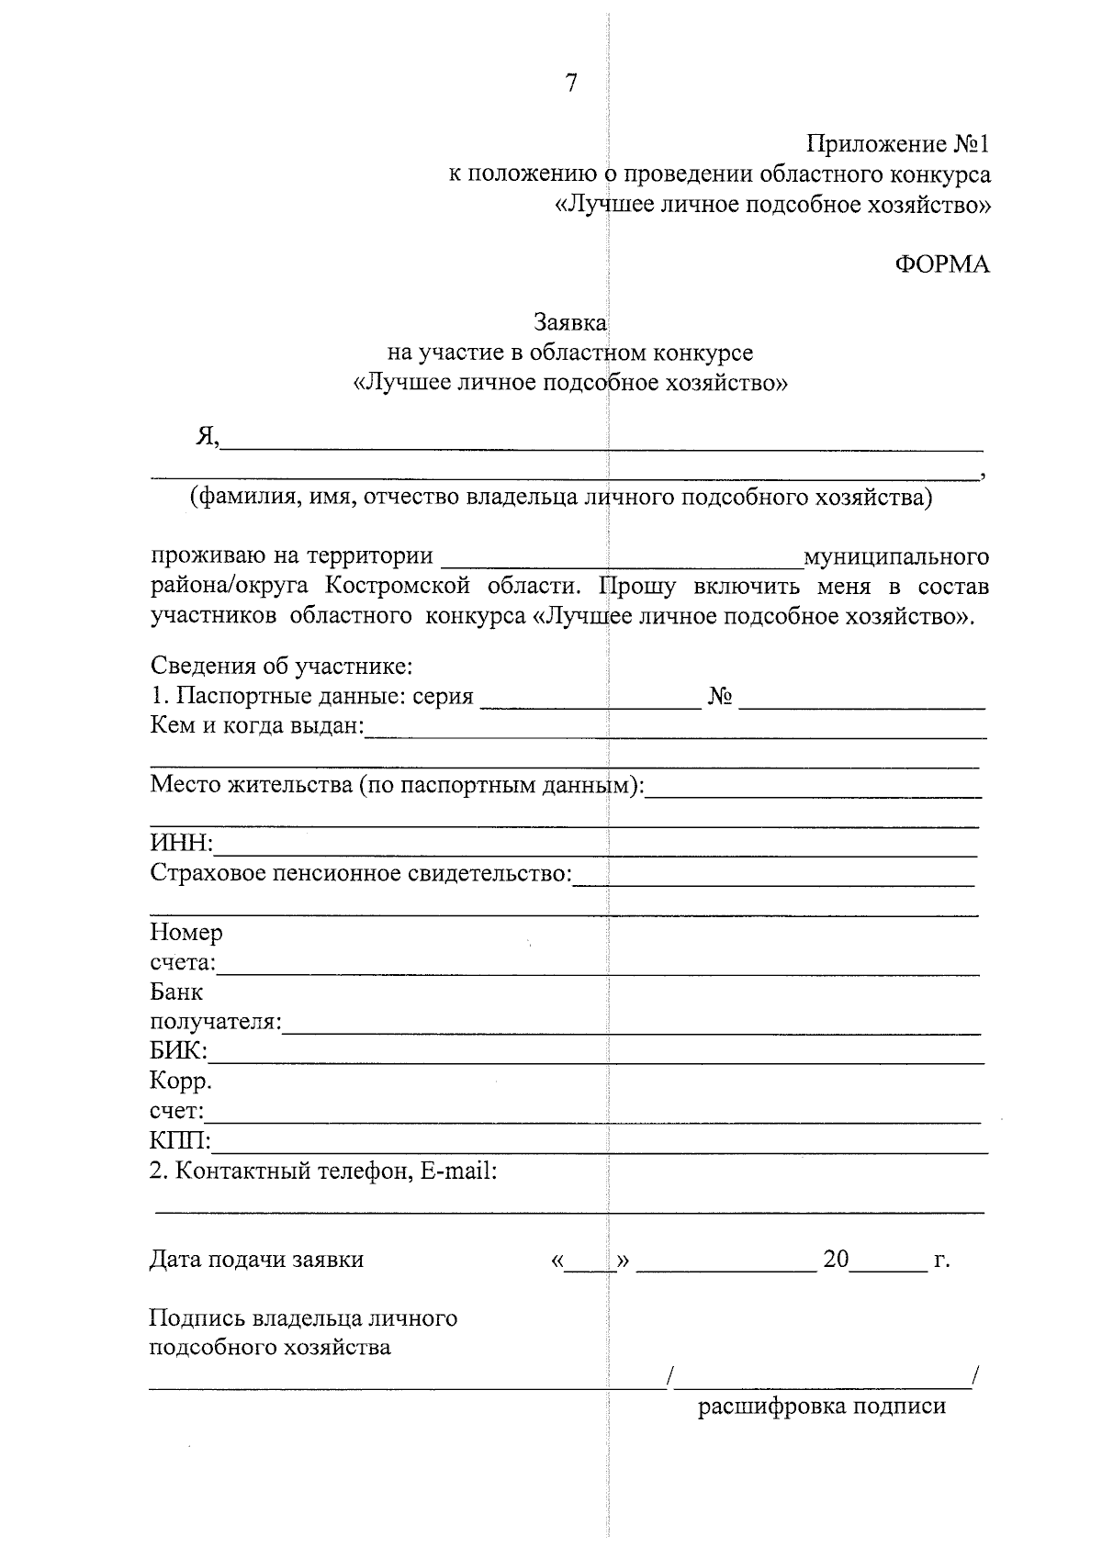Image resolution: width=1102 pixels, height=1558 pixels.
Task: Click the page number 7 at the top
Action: coord(571,84)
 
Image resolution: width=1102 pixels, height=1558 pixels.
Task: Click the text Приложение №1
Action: coord(898,145)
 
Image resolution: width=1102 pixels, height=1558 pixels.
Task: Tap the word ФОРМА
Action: coord(942,264)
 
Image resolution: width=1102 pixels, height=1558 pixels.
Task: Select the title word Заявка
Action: coord(570,323)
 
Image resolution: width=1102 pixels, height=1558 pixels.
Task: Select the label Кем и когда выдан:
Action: coord(257,726)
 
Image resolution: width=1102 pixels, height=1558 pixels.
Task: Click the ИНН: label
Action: coord(181,844)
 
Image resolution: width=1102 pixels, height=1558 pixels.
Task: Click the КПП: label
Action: coord(180,1142)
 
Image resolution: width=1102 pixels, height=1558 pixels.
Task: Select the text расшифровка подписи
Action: coord(822,1407)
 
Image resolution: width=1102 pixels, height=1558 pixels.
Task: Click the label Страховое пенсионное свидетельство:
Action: coord(360,873)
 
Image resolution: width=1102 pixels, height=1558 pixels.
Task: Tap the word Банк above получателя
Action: coord(176,992)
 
